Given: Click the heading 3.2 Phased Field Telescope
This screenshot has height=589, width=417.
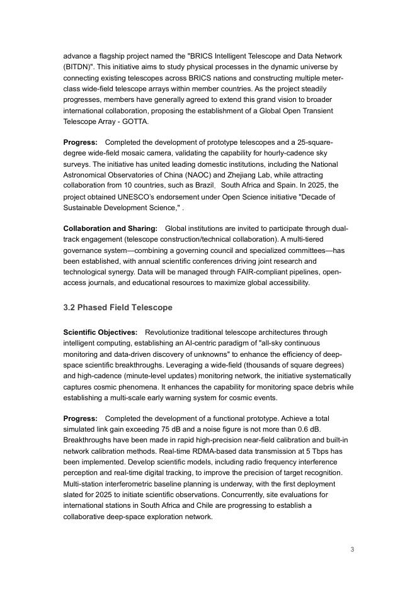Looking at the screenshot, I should [117, 308].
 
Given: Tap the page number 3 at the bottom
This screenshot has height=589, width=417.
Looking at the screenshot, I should [353, 549].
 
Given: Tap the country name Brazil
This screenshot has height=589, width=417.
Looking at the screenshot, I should [203, 185].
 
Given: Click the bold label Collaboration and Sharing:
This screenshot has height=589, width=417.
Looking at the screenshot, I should [110, 228].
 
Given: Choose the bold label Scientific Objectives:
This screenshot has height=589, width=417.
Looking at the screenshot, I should [100, 332].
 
